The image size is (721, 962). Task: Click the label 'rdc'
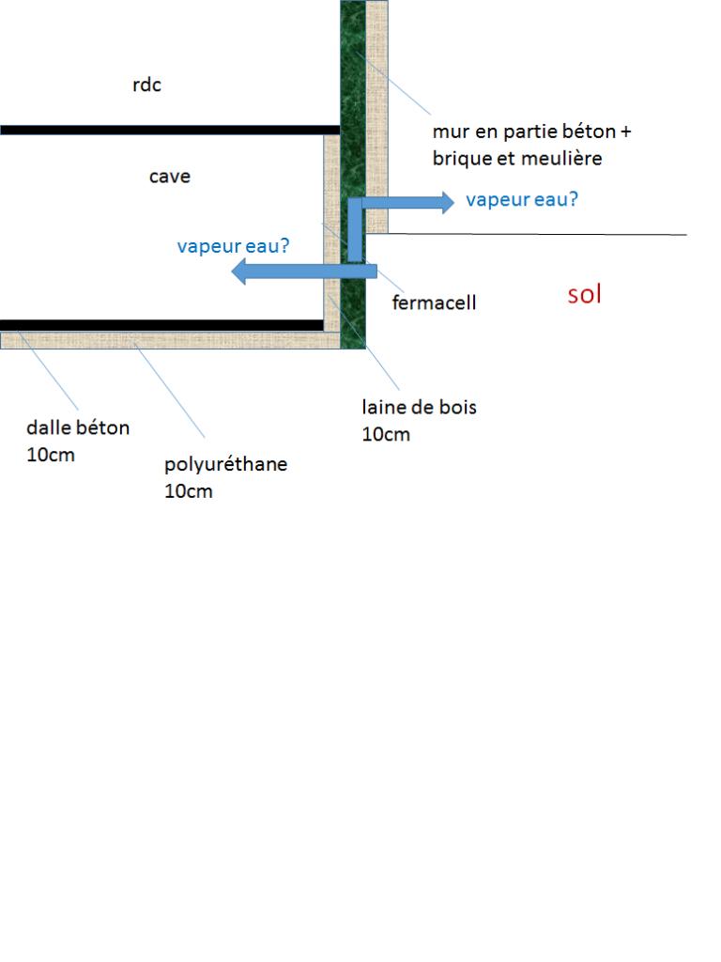[x=146, y=85]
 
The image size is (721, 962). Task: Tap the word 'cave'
[x=170, y=177]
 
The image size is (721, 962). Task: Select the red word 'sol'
[x=584, y=295]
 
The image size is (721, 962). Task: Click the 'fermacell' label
[x=434, y=303]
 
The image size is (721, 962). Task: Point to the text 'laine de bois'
[x=420, y=408]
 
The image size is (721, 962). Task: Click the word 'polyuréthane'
[x=226, y=464]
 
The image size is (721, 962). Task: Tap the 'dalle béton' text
[x=78, y=428]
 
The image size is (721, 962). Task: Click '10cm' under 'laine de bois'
[x=386, y=435]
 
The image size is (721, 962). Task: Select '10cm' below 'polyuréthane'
[x=189, y=491]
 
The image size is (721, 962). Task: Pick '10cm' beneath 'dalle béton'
[x=51, y=456]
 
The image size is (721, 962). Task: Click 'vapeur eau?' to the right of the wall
[x=522, y=200]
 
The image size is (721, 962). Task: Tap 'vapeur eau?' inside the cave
[x=234, y=246]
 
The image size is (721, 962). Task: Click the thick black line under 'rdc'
[x=169, y=130]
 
